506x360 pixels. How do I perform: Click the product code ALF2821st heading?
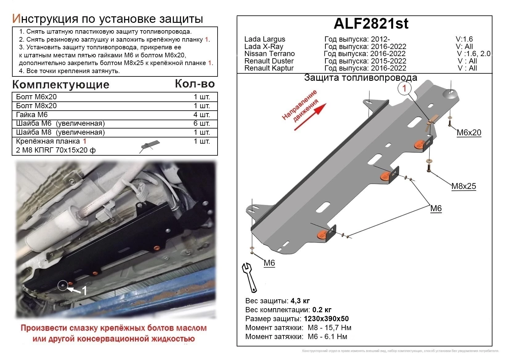coord(371,23)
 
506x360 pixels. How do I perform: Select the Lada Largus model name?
coord(265,39)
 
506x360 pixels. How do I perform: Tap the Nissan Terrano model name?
coord(269,54)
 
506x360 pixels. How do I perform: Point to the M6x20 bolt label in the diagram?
coord(468,133)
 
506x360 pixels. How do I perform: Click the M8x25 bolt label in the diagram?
coord(463,186)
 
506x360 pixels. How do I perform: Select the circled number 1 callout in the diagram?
coord(404,88)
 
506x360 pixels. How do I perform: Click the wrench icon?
coord(250,277)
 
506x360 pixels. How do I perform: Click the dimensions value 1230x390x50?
coord(326,319)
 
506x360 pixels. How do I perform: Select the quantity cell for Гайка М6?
coord(202,115)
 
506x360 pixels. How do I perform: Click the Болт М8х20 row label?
coord(36,106)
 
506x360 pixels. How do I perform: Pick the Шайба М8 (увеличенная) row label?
coord(60,132)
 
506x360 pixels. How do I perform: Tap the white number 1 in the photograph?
coord(84,290)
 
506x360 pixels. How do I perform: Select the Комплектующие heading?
coord(61,84)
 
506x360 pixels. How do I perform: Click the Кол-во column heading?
coord(194,84)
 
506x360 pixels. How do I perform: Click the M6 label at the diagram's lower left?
coord(269,263)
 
